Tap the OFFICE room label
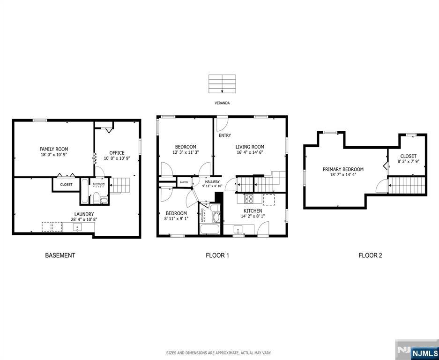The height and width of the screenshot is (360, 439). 117,153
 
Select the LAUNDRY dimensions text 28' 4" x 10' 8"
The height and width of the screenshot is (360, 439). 77,219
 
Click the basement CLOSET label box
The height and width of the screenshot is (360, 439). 66,185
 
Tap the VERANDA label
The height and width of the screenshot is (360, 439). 222,103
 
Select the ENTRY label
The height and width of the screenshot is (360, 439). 224,135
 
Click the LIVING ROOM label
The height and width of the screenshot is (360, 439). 250,147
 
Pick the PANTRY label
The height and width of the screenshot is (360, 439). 183,182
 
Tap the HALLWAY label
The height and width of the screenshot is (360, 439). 212,181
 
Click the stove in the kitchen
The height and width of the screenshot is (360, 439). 248,198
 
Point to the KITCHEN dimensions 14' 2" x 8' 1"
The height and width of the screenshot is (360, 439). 252,217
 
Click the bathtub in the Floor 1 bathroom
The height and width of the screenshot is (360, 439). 209,230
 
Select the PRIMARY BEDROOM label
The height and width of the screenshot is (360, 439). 342,169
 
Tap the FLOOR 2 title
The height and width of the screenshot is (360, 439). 370,255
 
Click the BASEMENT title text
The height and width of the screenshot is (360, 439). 60,255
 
